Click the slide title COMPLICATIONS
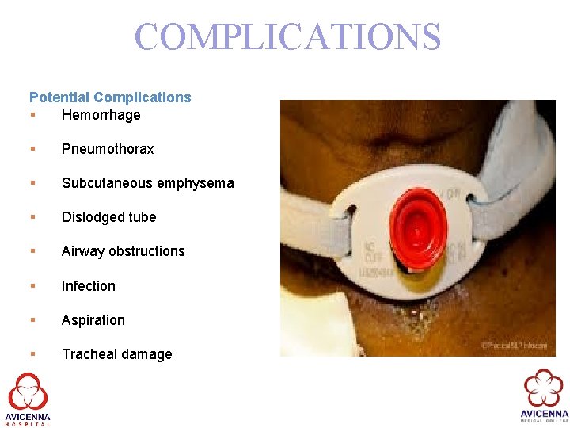(287, 37)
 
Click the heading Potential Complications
(110, 97)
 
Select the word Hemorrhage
(101, 115)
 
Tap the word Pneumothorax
(108, 149)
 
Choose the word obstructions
(146, 251)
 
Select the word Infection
(89, 286)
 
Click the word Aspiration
(93, 320)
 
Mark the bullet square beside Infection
(32, 286)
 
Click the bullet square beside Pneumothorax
(32, 149)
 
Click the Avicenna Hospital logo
(28, 399)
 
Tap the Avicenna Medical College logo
(544, 396)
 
